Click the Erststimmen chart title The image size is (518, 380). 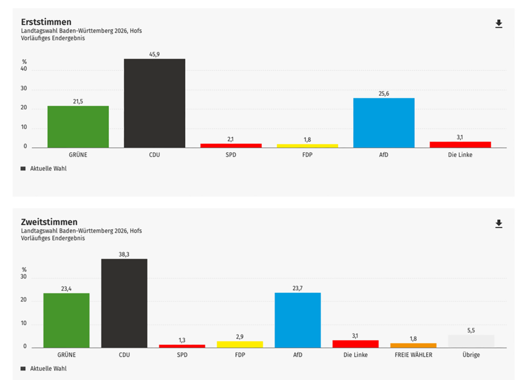click(46, 22)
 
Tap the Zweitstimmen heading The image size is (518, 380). click(49, 222)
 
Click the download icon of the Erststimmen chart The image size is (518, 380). click(499, 24)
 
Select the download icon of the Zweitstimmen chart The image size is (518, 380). click(499, 224)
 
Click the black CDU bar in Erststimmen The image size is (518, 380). click(154, 103)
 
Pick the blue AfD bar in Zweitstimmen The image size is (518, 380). click(297, 320)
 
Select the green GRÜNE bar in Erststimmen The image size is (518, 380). click(78, 126)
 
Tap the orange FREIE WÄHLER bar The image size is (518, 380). click(413, 345)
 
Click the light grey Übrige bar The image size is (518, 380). click(471, 341)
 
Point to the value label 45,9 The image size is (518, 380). click(154, 54)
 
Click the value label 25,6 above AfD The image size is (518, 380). click(383, 94)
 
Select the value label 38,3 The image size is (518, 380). click(124, 255)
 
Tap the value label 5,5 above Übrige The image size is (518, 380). click(471, 330)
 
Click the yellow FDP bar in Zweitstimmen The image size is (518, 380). click(240, 344)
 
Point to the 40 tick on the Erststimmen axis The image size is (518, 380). click(24, 71)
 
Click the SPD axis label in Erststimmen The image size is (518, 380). click(231, 155)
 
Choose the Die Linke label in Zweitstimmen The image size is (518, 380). click(355, 355)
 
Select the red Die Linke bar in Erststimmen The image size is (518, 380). click(460, 144)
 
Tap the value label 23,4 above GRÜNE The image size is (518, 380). click(66, 289)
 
